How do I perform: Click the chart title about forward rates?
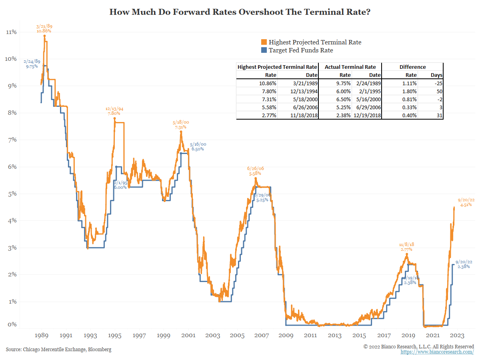[x=240, y=12]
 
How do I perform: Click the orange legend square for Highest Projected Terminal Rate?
[x=264, y=42]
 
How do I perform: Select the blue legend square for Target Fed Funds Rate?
[x=264, y=50]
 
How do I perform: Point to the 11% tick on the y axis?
[x=11, y=32]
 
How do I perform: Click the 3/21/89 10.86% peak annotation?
[x=44, y=28]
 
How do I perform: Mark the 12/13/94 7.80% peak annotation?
[x=114, y=111]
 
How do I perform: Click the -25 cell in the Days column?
[x=436, y=83]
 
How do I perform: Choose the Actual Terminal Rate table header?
[x=350, y=67]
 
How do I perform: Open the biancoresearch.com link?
[x=437, y=352]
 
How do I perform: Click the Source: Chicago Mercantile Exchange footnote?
[x=58, y=350]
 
